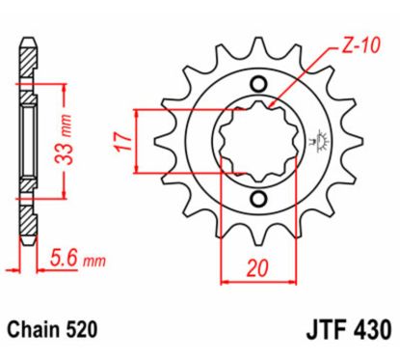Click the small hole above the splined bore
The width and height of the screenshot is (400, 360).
point(257,82)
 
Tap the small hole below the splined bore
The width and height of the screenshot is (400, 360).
point(257,199)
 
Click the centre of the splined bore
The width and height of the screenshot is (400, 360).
point(257,141)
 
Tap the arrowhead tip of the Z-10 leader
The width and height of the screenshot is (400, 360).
point(272,104)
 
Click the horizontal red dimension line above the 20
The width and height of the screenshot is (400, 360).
point(253,283)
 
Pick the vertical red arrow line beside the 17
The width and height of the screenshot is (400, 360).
point(141,140)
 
